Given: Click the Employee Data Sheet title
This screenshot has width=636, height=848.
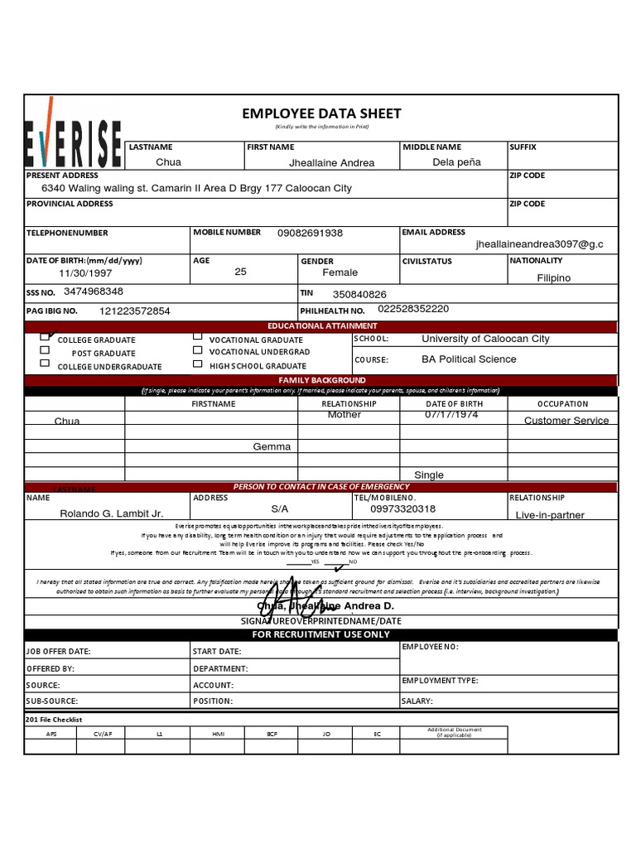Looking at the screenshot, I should coord(321,113).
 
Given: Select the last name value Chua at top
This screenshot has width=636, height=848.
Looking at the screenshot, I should coord(168,162).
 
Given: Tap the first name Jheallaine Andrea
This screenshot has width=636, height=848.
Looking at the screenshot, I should coord(331,163).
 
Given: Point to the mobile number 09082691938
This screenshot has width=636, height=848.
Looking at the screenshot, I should coord(310,234).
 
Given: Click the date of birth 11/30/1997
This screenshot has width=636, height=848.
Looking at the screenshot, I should coord(85,272).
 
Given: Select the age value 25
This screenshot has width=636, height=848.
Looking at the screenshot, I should coord(240,272).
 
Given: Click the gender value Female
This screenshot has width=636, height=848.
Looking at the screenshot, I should coord(340,272).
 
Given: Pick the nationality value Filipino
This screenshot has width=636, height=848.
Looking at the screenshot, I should coord(553,278).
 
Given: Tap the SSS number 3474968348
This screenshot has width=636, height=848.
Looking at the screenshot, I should coord(93,291).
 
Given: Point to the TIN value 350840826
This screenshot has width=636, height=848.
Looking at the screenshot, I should coord(359,294).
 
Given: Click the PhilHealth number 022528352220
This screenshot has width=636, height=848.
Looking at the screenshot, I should coord(413,309).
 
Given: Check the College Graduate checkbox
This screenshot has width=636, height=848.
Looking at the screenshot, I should coord(45,338).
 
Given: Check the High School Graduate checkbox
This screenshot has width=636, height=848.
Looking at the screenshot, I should coord(197,364).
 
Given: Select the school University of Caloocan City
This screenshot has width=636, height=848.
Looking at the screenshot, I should coord(484,339).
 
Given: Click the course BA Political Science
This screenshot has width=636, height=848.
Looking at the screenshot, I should coord(468,359).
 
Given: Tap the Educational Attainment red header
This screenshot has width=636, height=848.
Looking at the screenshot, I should coord(320,326).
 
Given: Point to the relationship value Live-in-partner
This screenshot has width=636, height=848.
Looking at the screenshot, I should coord(550,515).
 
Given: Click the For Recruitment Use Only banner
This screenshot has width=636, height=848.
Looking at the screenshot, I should coord(320,634).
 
